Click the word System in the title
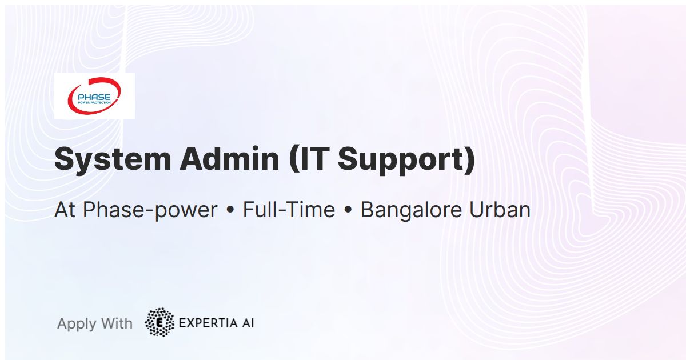113,159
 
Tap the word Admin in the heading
229,159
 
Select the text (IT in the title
309,159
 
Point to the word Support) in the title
406,161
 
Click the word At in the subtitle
65,210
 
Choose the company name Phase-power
150,210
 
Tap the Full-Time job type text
289,210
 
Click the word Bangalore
411,210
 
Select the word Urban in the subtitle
500,210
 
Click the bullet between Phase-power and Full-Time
230,210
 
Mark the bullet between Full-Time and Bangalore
348,210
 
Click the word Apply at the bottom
77,324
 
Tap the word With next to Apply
117,323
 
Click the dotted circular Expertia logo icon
159,322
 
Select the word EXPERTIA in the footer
208,323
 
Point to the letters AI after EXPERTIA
248,323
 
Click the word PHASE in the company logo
94,97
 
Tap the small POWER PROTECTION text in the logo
94,102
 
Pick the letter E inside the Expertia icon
159,323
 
